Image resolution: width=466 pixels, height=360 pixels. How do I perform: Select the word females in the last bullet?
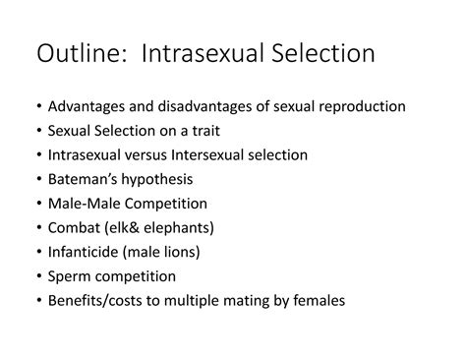click(318, 301)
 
